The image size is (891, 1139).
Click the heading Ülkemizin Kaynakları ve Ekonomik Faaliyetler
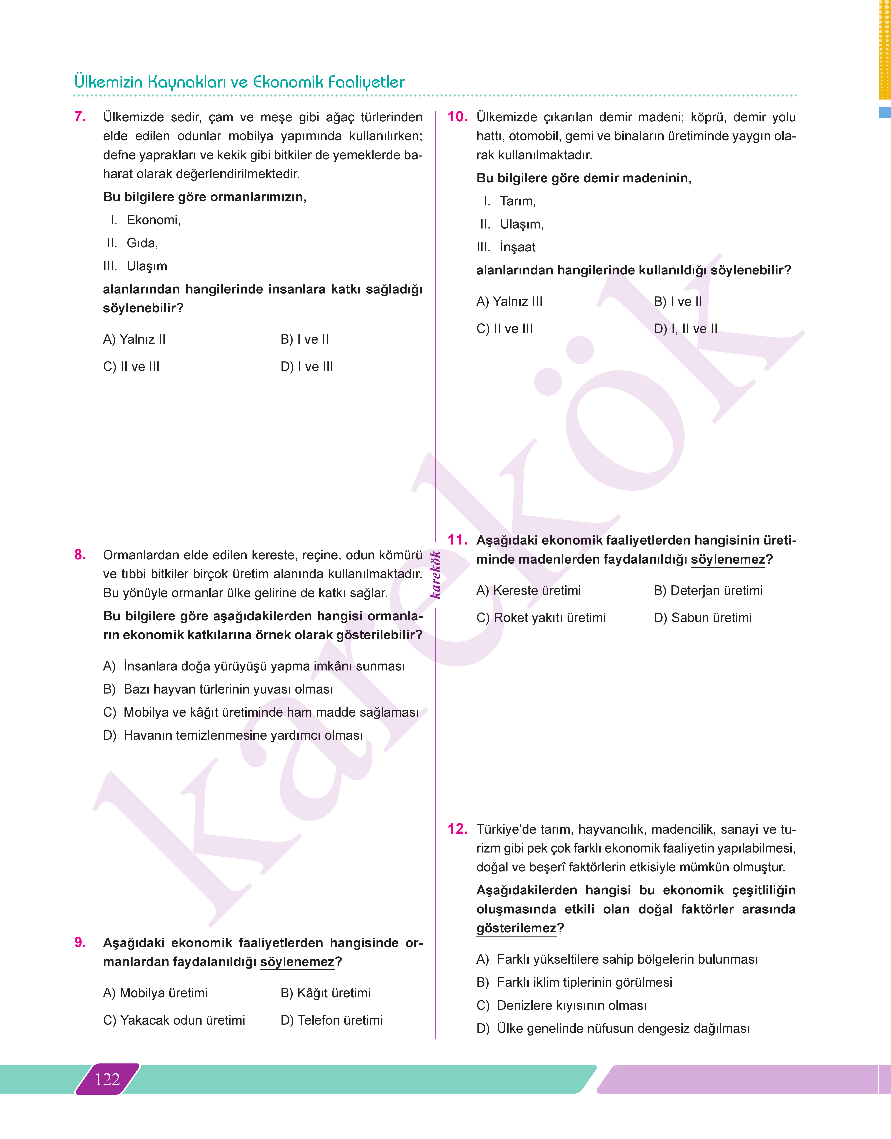(239, 82)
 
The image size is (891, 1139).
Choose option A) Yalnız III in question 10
(509, 302)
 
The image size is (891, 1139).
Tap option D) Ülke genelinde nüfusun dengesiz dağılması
(613, 1028)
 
